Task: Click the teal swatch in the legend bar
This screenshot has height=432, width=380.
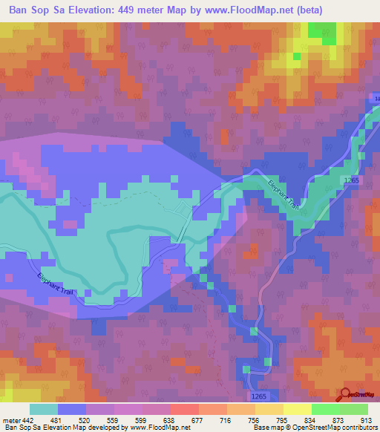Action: pyautogui.click(x=44, y=409)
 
